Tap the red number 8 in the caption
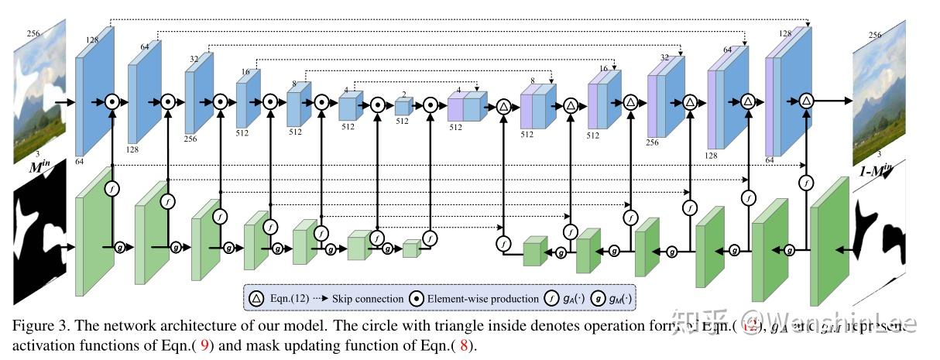click(x=464, y=346)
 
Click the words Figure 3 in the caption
click(x=36, y=326)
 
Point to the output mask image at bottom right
click(x=878, y=232)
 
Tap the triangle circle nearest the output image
click(x=806, y=101)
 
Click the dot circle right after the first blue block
click(x=113, y=101)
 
